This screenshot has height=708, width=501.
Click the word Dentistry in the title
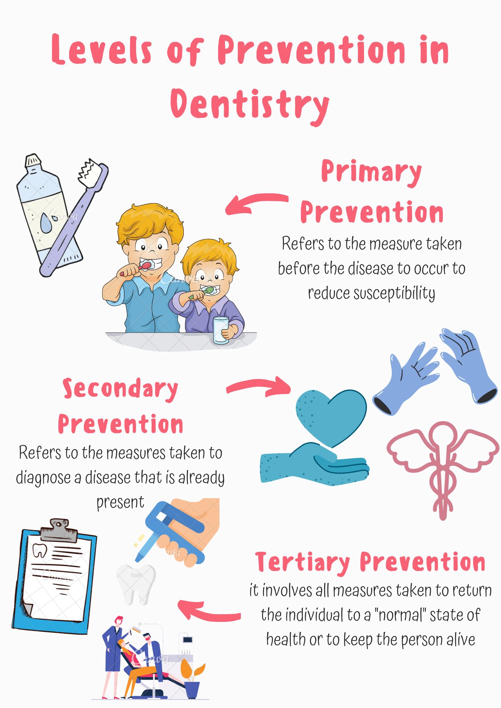click(x=250, y=104)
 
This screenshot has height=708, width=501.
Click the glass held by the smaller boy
click(x=220, y=330)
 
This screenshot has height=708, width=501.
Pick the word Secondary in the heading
click(x=120, y=389)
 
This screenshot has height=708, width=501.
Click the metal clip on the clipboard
click(x=58, y=529)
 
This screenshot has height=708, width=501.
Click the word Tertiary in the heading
click(x=302, y=562)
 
